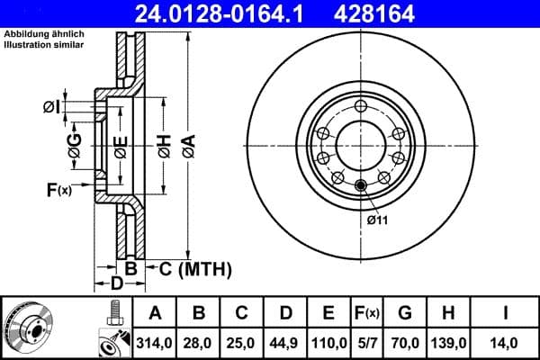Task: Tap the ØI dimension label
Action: point(52,107)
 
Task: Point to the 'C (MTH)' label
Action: point(196,268)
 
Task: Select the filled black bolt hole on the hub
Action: point(361,186)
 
